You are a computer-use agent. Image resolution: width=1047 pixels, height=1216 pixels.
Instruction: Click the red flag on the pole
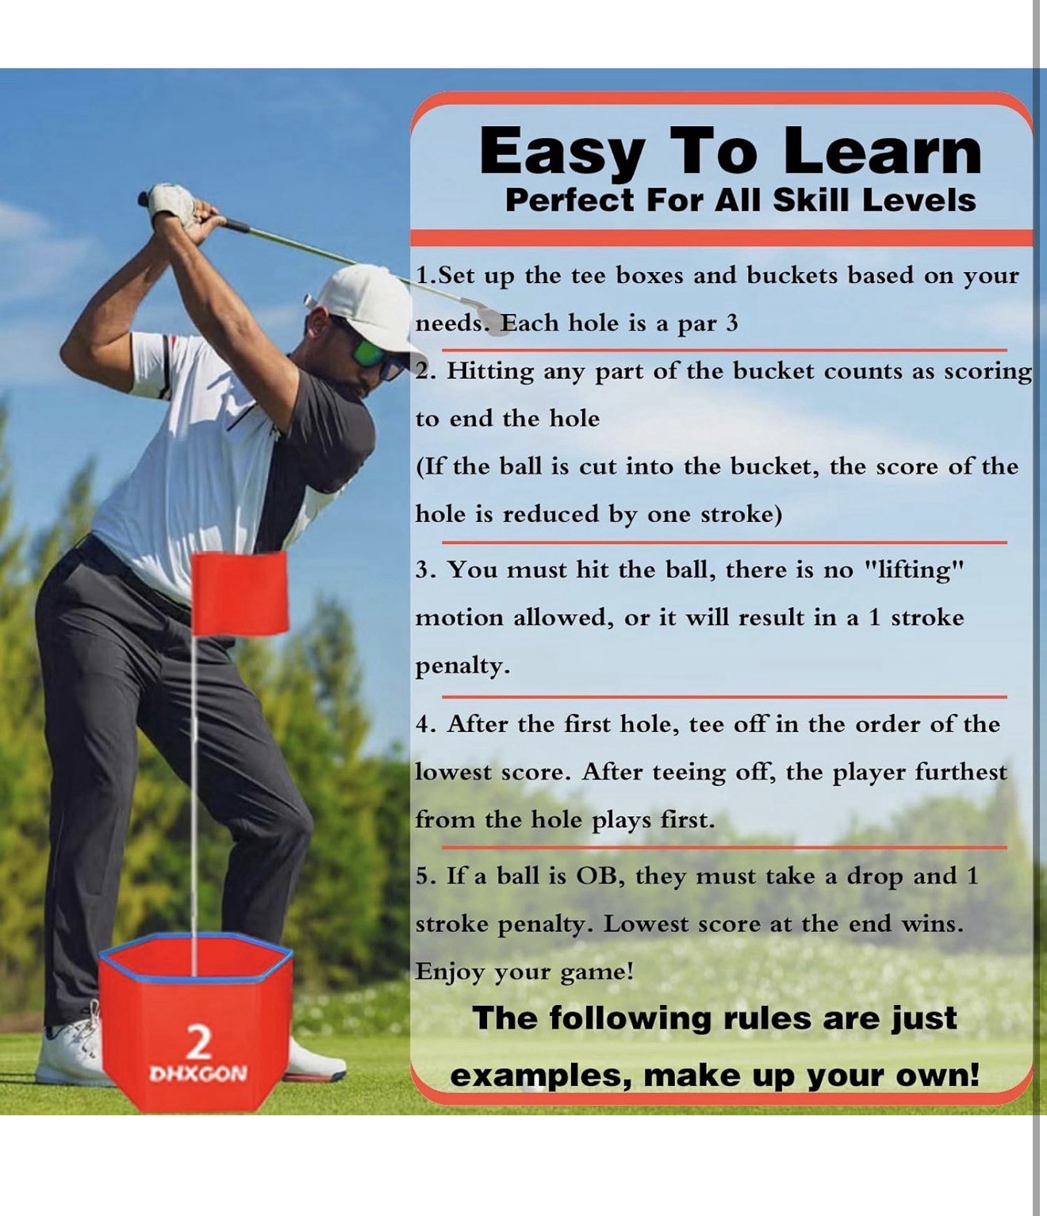240,593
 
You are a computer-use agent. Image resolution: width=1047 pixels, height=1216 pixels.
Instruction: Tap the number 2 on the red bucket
198,1041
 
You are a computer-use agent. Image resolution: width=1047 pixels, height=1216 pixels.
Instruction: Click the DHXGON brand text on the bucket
198,1074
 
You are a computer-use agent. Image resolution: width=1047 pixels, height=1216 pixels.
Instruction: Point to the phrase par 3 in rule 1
708,324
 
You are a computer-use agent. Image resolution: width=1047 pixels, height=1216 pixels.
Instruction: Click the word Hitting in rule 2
490,371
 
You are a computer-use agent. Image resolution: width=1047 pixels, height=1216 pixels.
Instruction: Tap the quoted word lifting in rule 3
913,570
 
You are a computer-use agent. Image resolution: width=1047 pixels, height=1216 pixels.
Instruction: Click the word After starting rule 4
477,724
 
